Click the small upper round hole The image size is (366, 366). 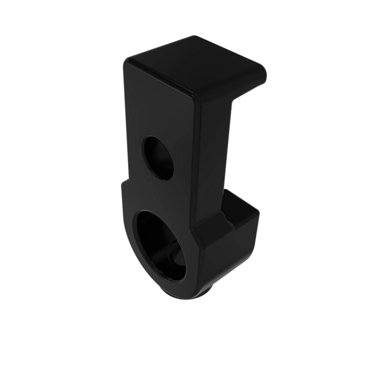tap(159, 158)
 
